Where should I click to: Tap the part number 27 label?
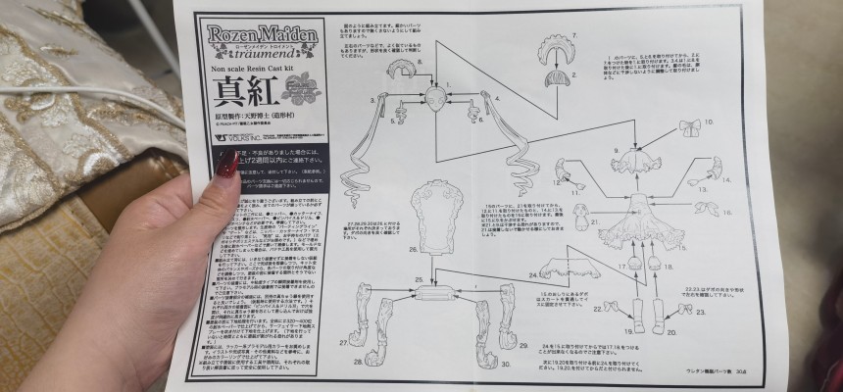[x=344, y=342]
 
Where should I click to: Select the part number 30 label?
[x=507, y=363]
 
